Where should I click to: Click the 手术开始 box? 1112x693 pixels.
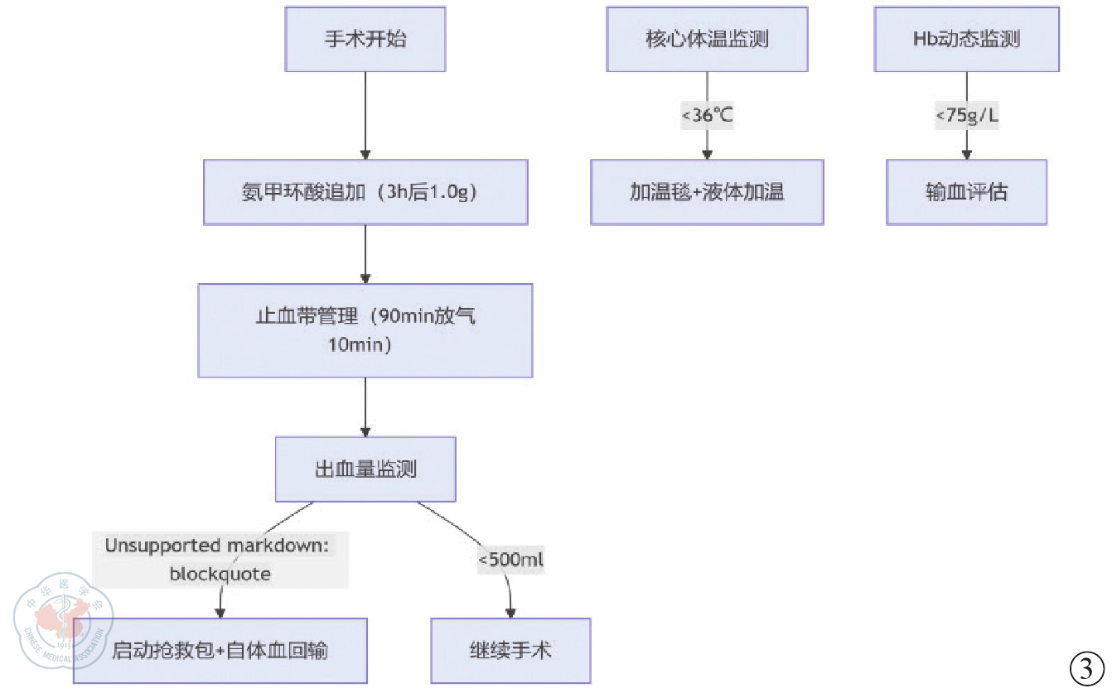coord(365,39)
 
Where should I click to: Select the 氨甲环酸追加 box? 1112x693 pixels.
coord(365,192)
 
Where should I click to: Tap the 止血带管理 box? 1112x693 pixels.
coord(365,330)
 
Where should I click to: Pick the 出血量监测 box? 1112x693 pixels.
coord(365,469)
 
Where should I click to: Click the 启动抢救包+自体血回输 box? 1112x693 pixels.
coord(220,650)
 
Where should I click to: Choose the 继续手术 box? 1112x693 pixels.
coord(510,650)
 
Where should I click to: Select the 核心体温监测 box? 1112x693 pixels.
coord(707,39)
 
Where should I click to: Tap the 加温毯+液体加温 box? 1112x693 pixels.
coord(707,192)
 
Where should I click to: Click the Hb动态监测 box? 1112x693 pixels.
coord(966,39)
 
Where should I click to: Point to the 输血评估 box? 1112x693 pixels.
coord(966,192)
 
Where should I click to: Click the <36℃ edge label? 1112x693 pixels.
coord(707,115)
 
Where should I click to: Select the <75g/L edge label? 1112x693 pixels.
coord(966,115)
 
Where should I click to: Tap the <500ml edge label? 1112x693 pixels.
coord(510,560)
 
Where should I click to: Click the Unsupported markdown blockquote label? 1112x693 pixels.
coord(220,559)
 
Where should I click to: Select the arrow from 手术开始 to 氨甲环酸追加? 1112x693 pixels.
coord(365,116)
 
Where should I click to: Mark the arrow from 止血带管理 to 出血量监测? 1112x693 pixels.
coord(365,407)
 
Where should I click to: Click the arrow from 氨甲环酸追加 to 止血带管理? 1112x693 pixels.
coord(365,254)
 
